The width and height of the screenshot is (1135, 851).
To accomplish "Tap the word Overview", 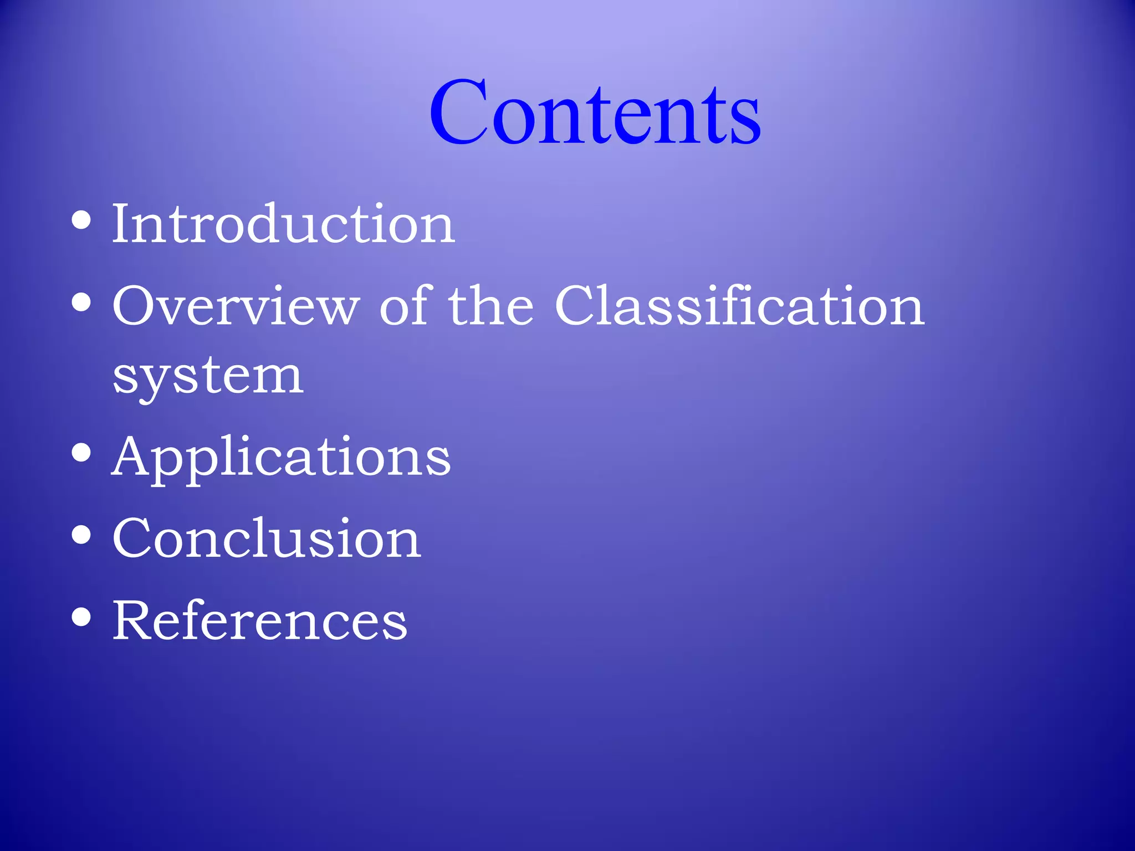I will (x=236, y=306).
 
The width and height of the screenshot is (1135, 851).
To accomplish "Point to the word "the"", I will (x=491, y=306).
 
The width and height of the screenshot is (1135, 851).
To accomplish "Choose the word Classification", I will (x=739, y=306).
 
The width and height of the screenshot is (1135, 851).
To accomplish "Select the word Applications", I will (x=281, y=458).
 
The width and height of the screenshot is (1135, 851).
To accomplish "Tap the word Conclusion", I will (x=267, y=539).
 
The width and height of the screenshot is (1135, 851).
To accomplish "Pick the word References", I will (x=260, y=621).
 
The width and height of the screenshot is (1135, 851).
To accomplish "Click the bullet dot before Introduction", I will (x=81, y=221).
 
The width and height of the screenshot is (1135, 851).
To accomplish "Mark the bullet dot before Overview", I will (x=81, y=303).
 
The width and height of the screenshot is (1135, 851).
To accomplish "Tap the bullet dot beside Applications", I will (x=81, y=453).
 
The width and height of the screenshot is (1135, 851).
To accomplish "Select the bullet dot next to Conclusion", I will (x=81, y=535).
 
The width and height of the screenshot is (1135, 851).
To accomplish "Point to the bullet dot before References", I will (x=81, y=617).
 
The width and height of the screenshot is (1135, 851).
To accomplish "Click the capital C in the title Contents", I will (x=458, y=112).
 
